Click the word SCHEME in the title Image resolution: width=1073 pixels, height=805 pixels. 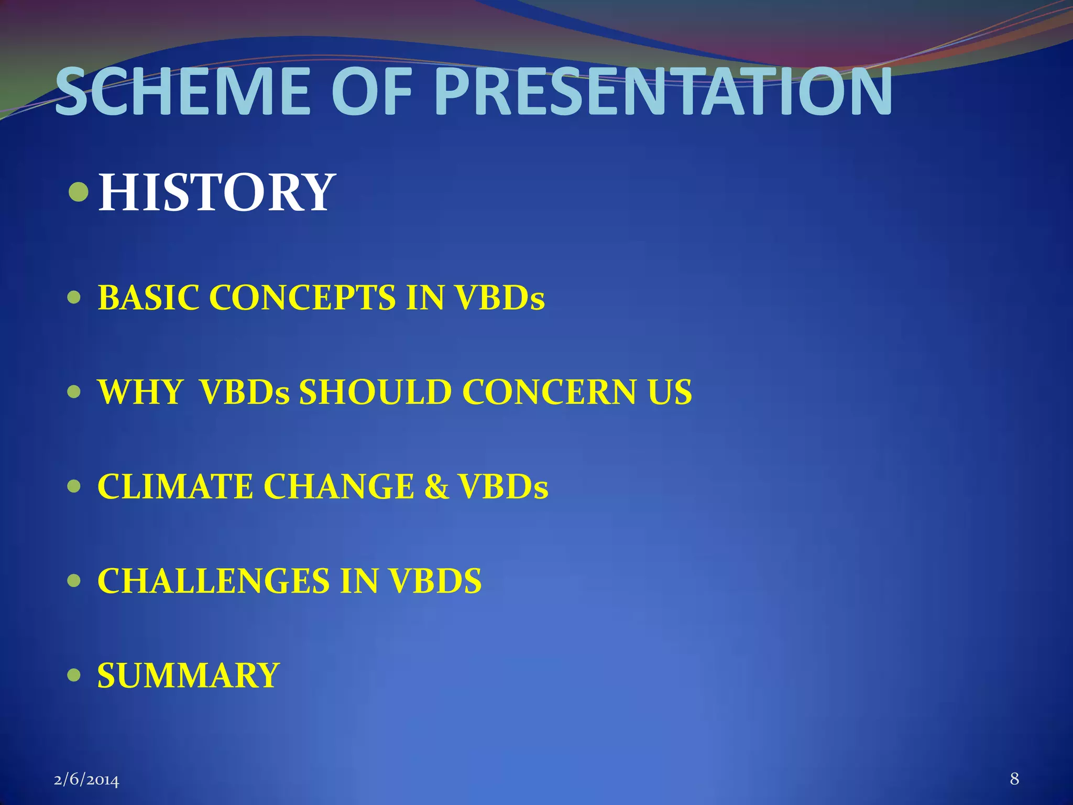pyautogui.click(x=184, y=93)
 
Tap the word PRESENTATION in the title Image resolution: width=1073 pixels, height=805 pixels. pyautogui.click(x=663, y=93)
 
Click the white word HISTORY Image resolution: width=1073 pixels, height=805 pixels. pyautogui.click(x=216, y=192)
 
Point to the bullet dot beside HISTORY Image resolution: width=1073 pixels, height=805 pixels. pyautogui.click(x=79, y=192)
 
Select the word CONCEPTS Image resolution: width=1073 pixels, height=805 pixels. pyautogui.click(x=302, y=298)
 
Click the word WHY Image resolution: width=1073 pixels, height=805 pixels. pyautogui.click(x=140, y=392)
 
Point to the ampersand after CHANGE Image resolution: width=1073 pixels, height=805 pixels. pyautogui.click(x=436, y=486)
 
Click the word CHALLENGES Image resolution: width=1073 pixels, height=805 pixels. pyautogui.click(x=213, y=581)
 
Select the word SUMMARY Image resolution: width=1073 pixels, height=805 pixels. pyautogui.click(x=188, y=675)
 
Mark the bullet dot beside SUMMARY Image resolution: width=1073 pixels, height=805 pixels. pyautogui.click(x=74, y=675)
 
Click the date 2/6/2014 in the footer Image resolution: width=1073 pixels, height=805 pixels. pyautogui.click(x=86, y=780)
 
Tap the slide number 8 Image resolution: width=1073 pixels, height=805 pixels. pyautogui.click(x=1014, y=779)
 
